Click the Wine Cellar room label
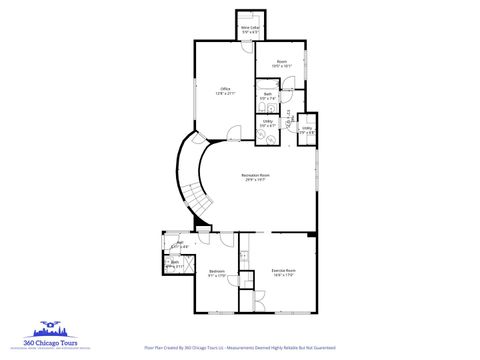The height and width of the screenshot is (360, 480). point(250,30)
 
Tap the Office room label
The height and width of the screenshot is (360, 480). point(225,91)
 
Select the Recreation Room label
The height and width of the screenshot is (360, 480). point(255,178)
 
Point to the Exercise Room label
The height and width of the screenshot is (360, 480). point(283,272)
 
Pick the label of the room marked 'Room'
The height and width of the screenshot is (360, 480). point(282,63)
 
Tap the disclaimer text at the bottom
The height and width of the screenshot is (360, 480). point(240,349)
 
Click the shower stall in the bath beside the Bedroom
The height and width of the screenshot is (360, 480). point(171,265)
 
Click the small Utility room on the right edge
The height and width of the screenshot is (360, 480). point(307,128)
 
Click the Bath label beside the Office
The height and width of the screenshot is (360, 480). point(267,96)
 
